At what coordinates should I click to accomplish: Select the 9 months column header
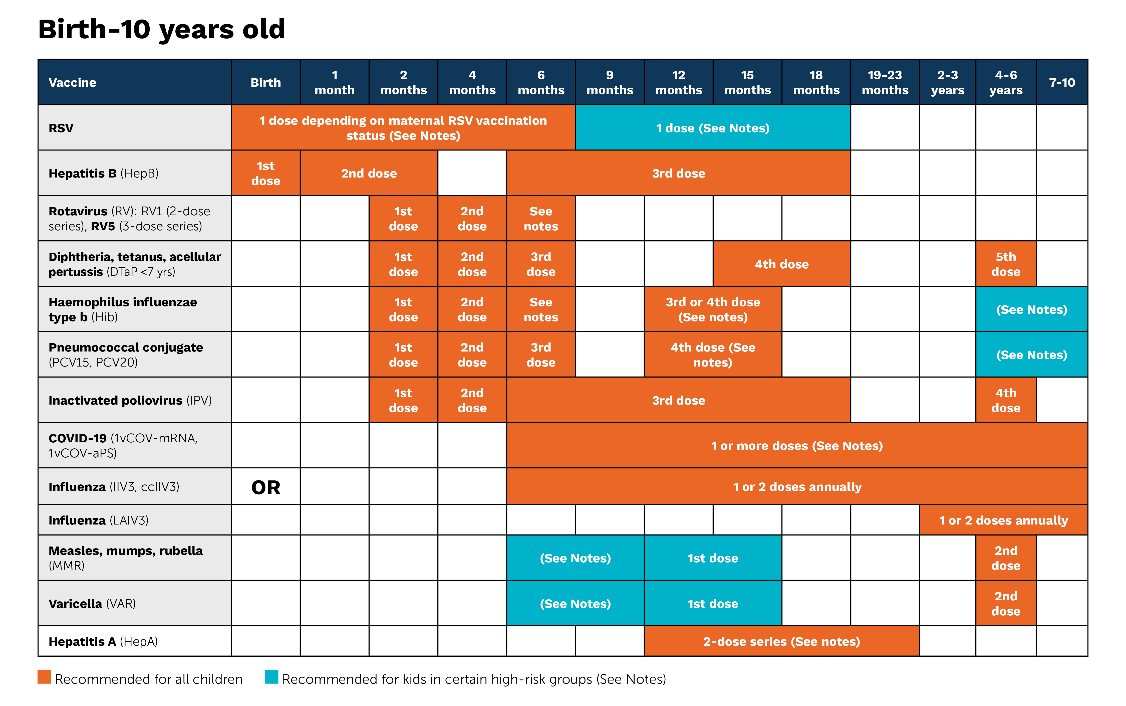click(610, 82)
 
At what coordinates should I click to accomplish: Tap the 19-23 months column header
click(885, 82)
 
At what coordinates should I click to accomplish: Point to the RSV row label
click(61, 128)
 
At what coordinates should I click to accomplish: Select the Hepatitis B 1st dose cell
click(265, 173)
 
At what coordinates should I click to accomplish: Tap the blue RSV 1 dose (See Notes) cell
click(713, 128)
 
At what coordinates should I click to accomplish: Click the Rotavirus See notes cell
click(541, 219)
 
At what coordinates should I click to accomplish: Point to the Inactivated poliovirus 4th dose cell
click(1006, 400)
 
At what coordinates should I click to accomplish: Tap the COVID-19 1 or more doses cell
click(796, 445)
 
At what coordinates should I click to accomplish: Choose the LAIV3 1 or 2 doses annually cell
click(1003, 520)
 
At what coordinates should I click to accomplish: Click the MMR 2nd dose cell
click(1006, 558)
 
